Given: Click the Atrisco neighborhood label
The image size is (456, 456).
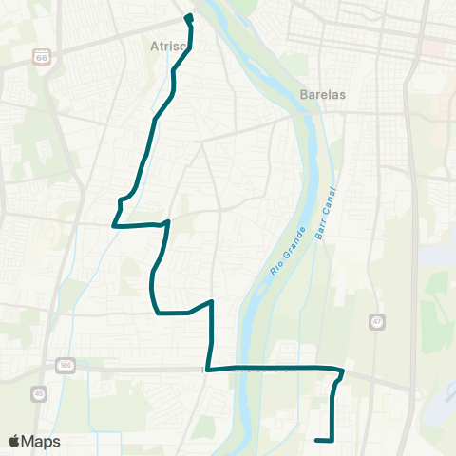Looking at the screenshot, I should (167, 45).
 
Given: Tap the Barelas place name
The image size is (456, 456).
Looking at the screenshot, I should (320, 95).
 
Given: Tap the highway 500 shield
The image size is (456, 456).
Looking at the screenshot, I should (65, 364).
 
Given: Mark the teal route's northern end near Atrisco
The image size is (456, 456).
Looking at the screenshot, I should (188, 17).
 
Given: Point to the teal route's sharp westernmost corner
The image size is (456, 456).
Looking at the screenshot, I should (114, 226).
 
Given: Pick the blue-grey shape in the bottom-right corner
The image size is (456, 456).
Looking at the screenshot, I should (442, 399).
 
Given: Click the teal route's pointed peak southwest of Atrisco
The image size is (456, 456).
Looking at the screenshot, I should (168, 221).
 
